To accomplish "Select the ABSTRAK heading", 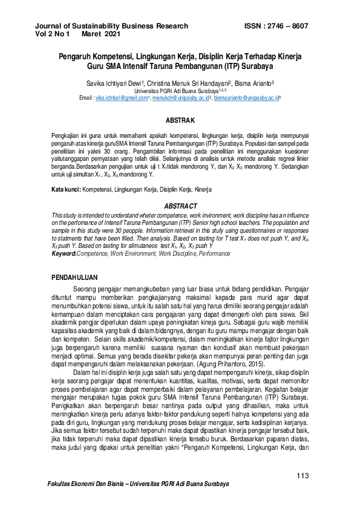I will (180, 121).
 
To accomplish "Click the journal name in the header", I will (112, 26).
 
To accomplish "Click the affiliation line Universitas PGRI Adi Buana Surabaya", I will (179, 90).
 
